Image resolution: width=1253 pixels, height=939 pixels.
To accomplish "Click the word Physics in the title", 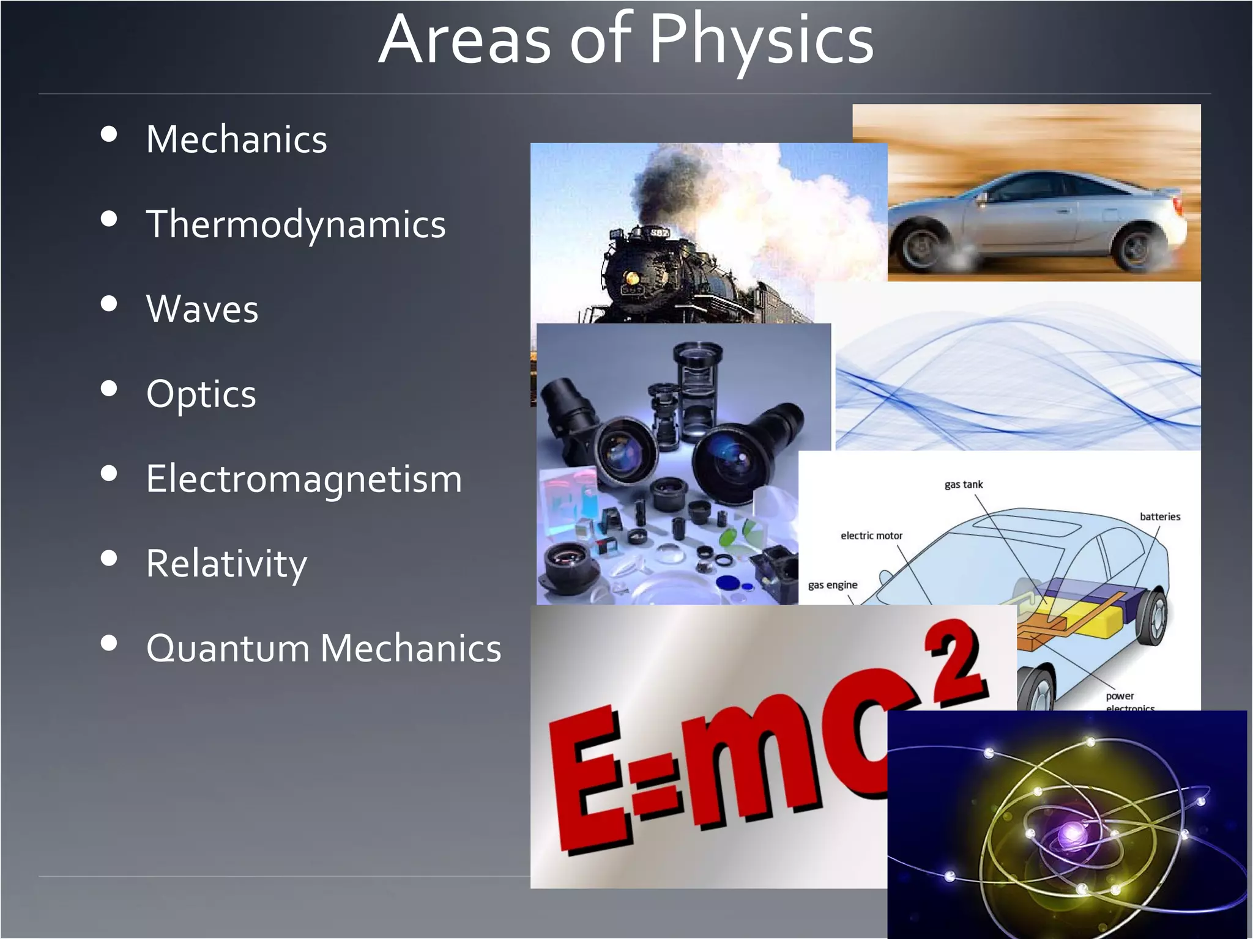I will pos(761,40).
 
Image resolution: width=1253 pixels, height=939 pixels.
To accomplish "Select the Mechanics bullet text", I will pos(237,139).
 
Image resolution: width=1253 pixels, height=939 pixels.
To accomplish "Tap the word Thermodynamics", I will pos(296,224).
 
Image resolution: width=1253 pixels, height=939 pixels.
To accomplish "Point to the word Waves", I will pos(202,309).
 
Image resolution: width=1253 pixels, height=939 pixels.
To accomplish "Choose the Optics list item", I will pos(201,394).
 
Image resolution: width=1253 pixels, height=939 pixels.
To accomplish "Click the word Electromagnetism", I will pos(304,479).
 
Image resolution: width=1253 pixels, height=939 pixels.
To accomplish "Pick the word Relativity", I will pos(226,564).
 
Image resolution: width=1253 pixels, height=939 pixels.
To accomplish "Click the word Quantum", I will pos(228,649).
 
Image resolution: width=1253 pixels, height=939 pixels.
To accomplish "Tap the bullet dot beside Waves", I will pos(109,304).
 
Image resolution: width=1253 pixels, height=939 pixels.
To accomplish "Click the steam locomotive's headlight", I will pos(631,279).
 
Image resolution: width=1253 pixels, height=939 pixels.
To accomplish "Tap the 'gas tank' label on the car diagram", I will pos(964,485).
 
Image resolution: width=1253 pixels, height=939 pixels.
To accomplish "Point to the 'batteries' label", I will pos(1160,517).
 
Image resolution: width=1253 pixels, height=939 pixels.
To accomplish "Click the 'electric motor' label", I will pos(871,536).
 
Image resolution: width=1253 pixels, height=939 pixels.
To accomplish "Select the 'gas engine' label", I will pos(833,585).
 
